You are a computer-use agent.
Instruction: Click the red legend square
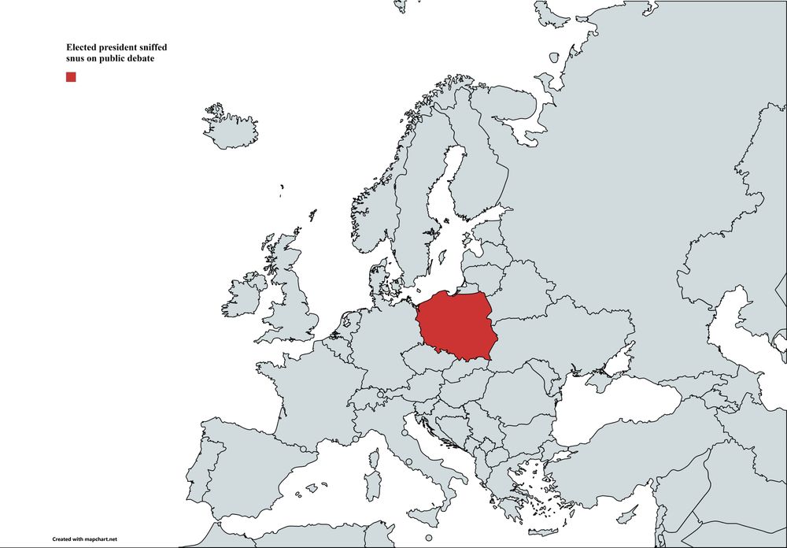tap(71, 76)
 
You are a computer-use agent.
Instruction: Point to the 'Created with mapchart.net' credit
tap(85, 539)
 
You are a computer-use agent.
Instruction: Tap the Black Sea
tap(614, 409)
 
